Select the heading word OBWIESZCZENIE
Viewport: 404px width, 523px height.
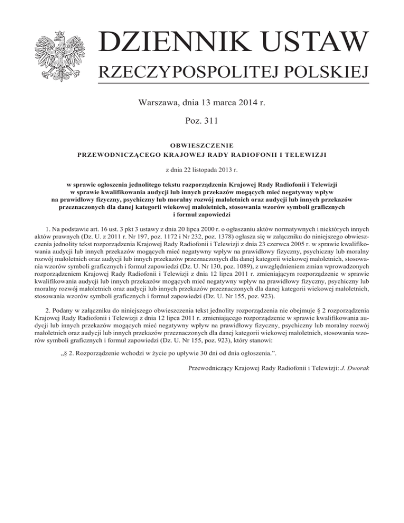pos(201,145)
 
